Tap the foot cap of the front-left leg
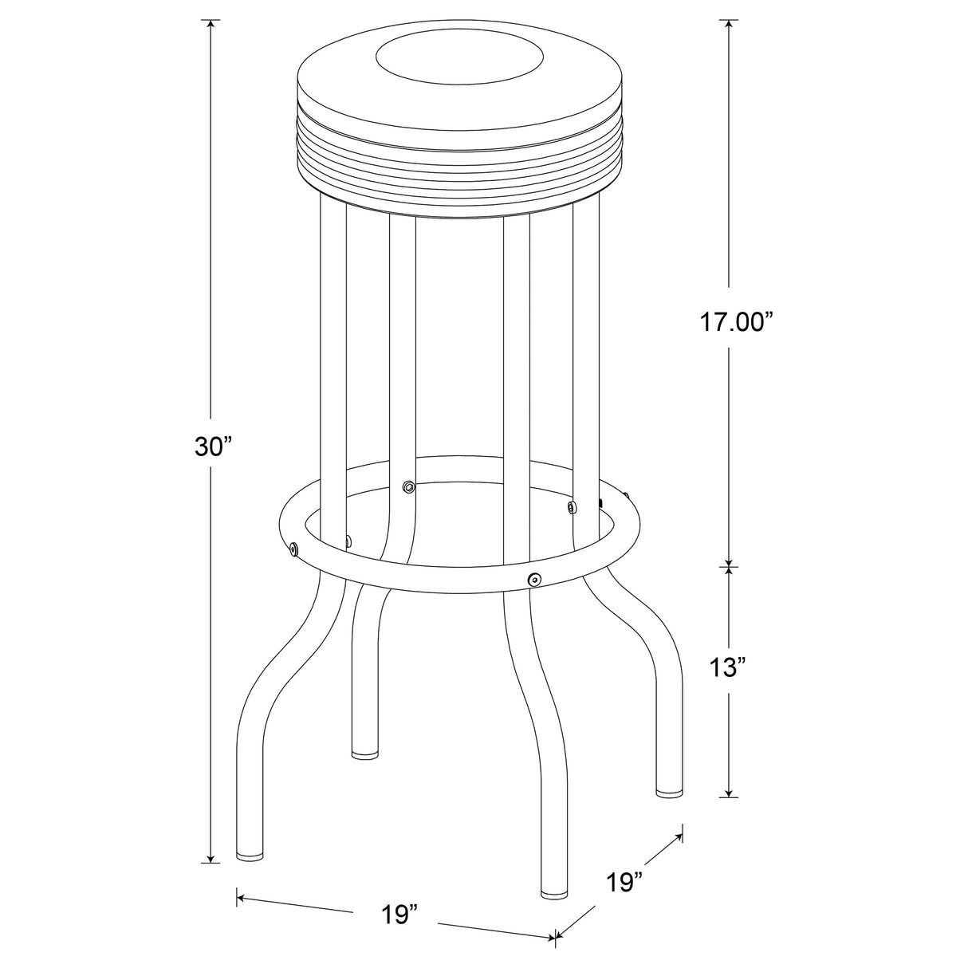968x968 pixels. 252,856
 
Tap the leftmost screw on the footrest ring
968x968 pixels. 295,548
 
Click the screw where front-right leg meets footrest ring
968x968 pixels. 533,578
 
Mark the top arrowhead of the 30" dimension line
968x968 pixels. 211,24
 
